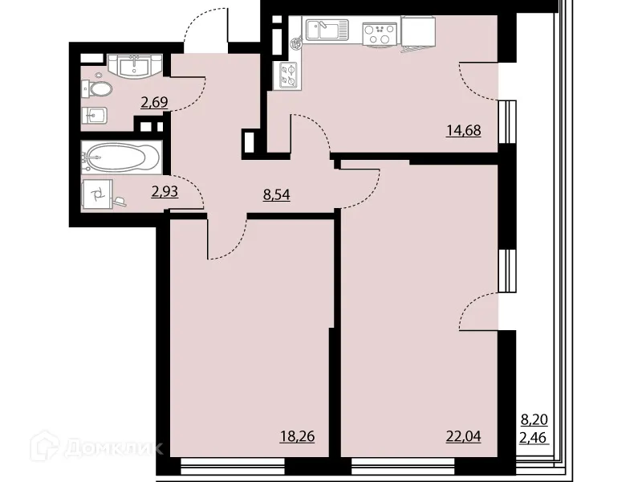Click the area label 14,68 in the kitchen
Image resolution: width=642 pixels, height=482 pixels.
[463, 130]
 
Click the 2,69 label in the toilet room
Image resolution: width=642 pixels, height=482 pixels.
[154, 102]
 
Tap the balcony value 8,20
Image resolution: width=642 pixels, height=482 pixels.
[535, 419]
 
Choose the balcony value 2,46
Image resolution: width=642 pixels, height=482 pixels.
[535, 437]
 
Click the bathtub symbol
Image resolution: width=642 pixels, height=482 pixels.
[122, 157]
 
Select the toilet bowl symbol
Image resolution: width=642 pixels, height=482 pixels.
[94, 88]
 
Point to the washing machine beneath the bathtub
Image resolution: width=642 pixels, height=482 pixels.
[100, 194]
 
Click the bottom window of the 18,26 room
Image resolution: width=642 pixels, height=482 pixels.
[233, 464]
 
